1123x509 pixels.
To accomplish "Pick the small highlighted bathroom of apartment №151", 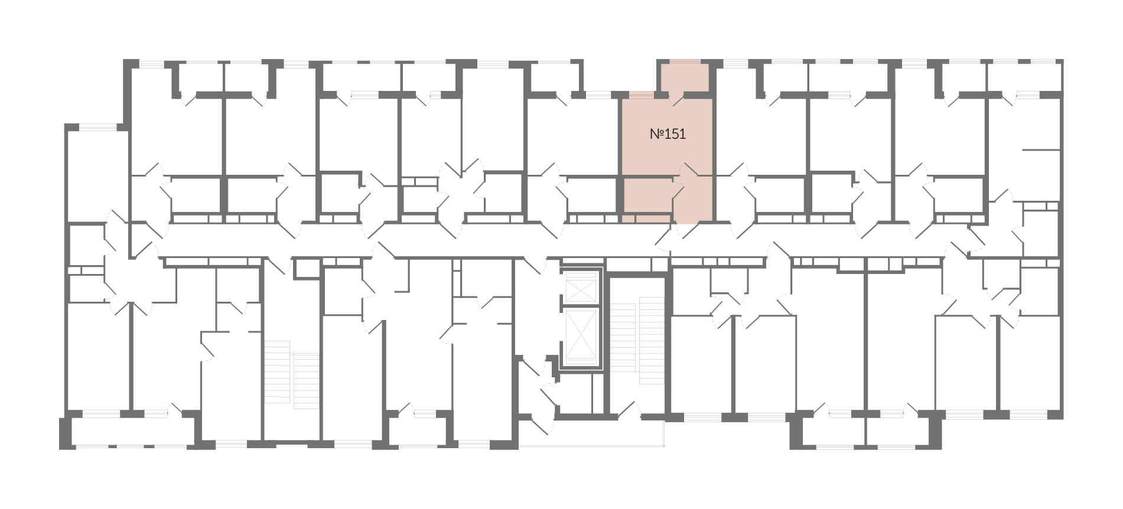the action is [x=647, y=196].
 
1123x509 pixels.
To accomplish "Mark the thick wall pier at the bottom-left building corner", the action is [x=65, y=433].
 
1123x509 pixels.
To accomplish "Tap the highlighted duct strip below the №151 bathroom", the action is [x=647, y=218].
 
